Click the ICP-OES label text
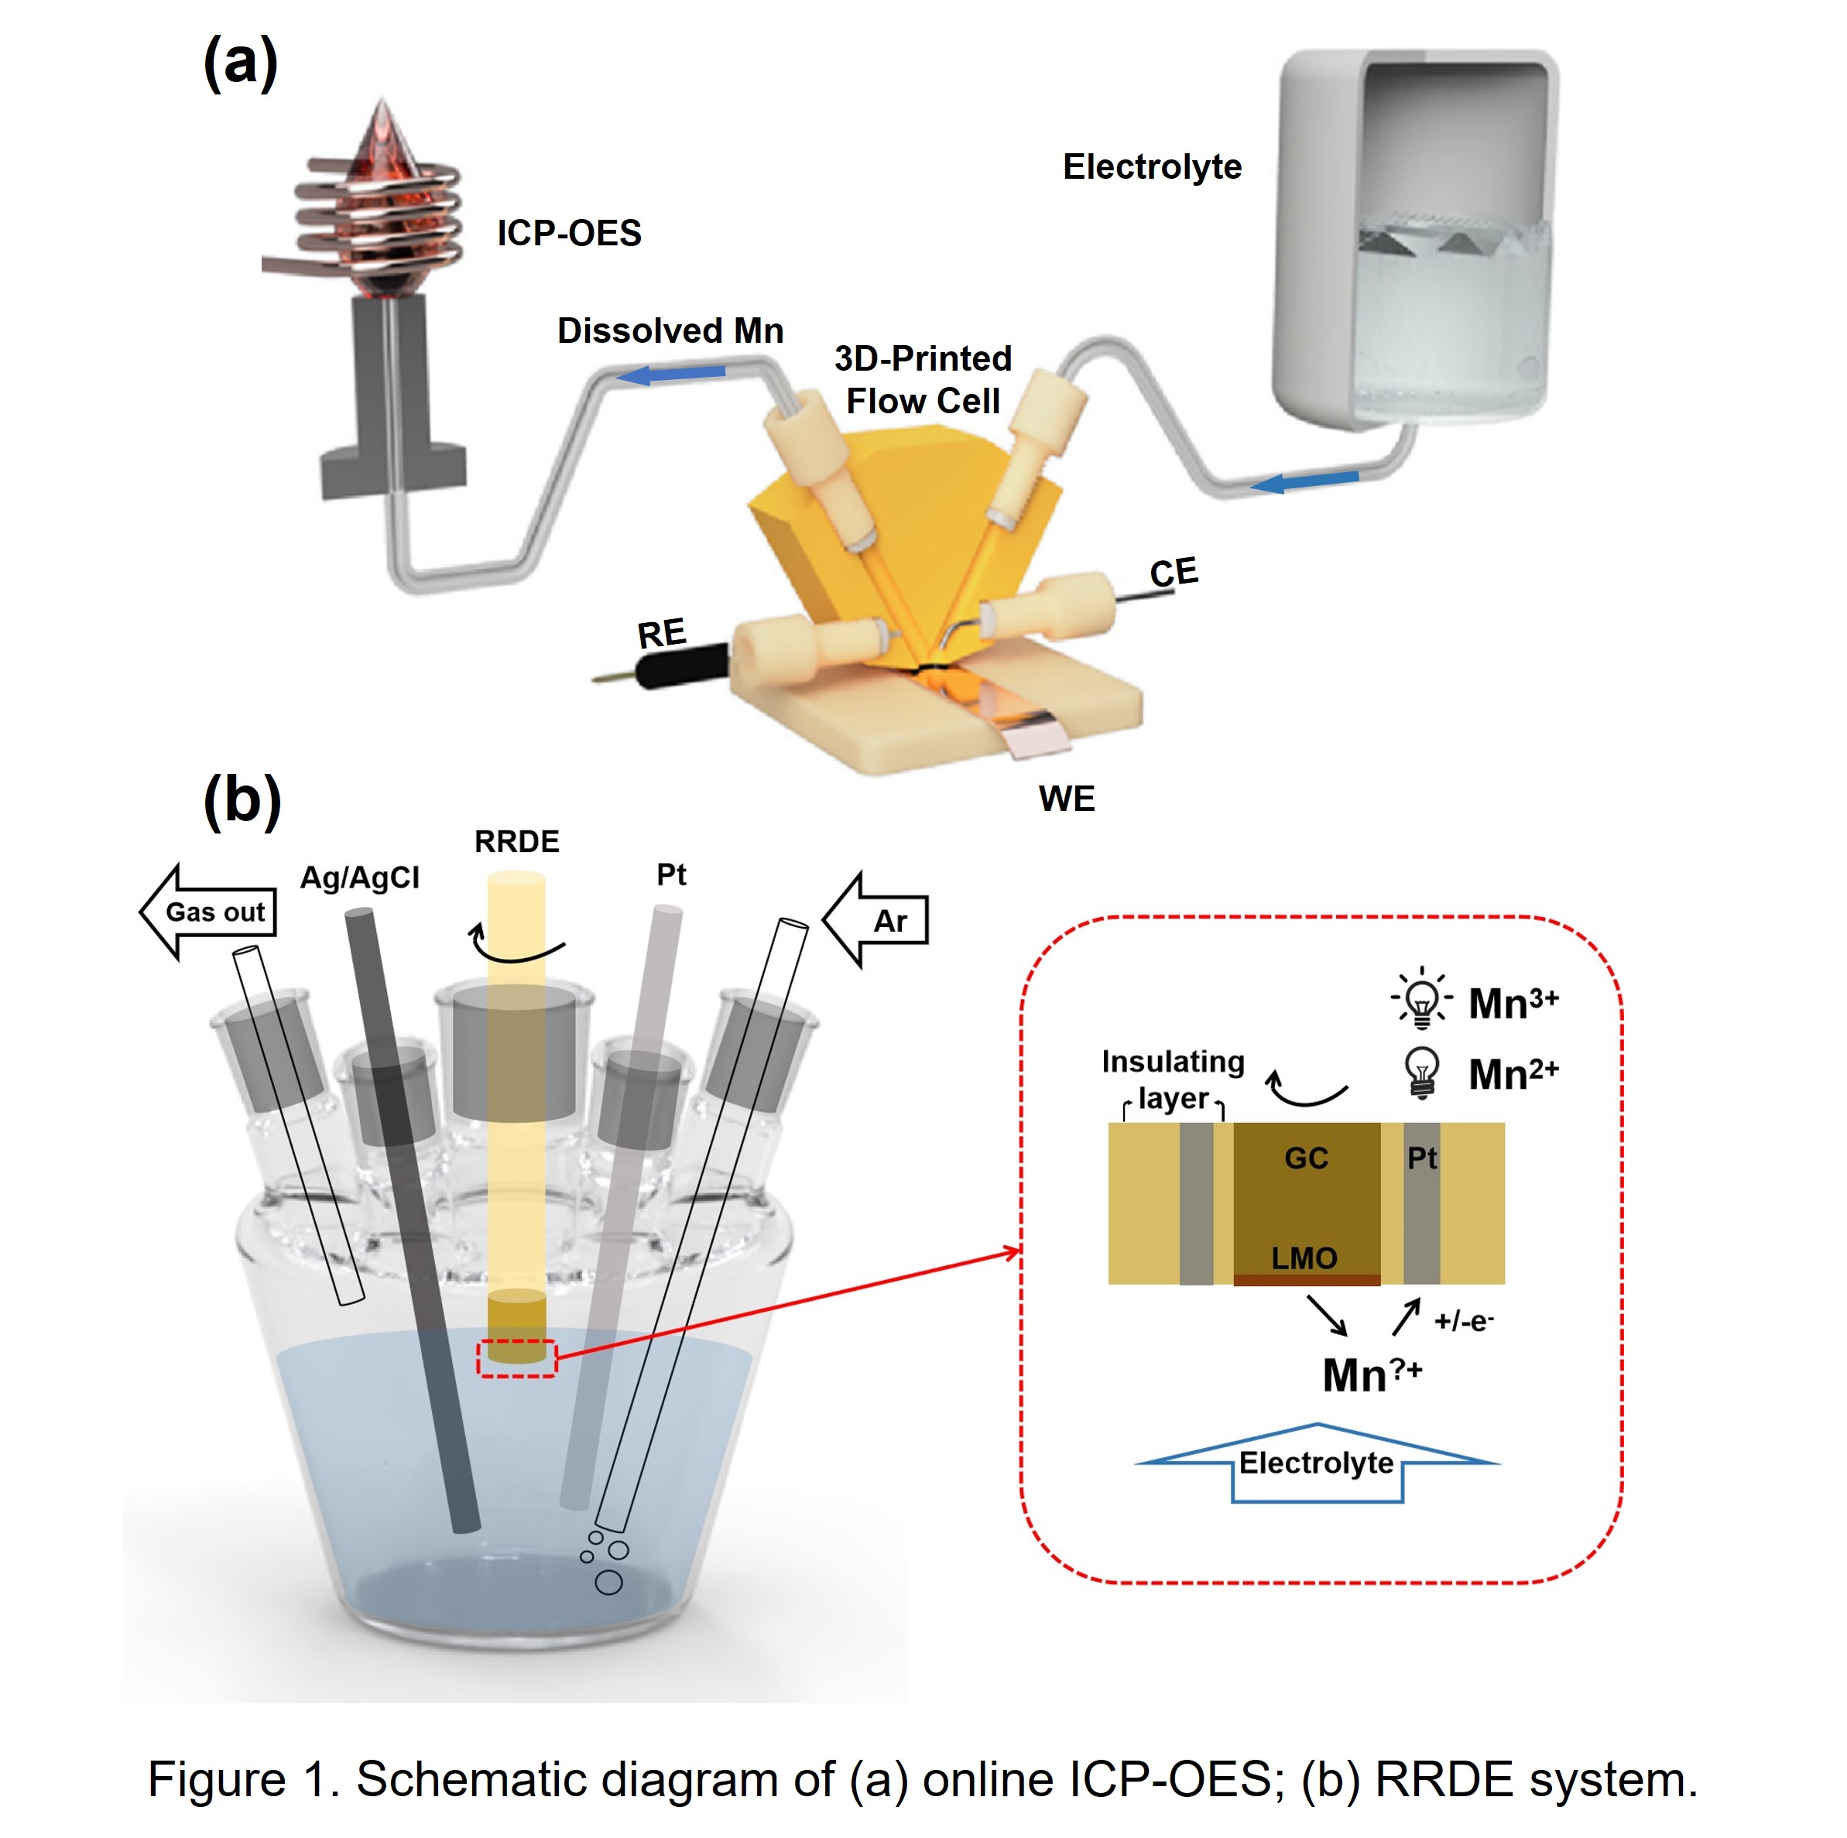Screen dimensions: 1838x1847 [569, 233]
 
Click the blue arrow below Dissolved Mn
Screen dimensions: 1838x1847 [669, 374]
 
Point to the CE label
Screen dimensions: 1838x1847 [1173, 573]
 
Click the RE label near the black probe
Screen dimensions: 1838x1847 [662, 634]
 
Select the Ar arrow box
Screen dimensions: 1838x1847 [878, 920]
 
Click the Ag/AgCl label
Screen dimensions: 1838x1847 [359, 878]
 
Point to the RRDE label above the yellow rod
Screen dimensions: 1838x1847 [516, 841]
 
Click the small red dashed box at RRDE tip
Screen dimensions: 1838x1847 [517, 1358]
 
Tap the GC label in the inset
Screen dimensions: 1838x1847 [1306, 1159]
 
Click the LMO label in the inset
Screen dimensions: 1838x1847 [1304, 1258]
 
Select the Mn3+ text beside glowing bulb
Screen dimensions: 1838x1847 [1513, 1003]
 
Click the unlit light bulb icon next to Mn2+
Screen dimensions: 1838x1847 [1421, 1073]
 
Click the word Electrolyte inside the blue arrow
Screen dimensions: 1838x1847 [1317, 1463]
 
